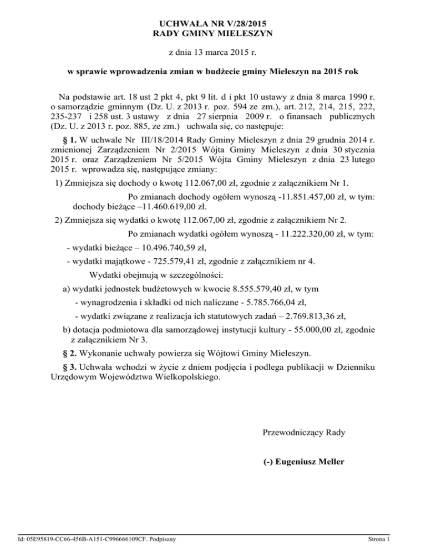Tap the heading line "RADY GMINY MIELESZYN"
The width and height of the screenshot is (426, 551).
tap(213, 34)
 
